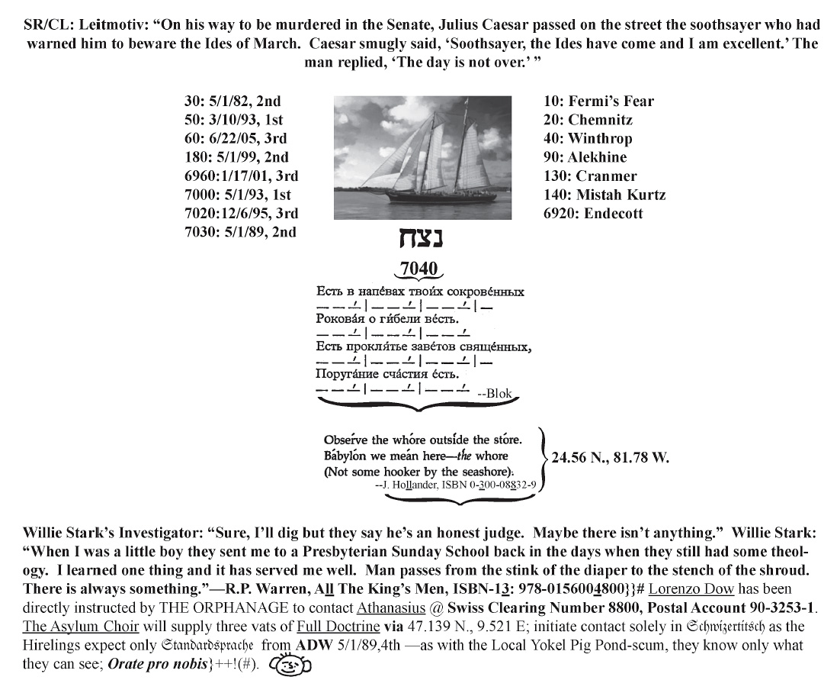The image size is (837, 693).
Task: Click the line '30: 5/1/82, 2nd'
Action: click(232, 101)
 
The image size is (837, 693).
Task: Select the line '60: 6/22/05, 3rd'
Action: click(236, 138)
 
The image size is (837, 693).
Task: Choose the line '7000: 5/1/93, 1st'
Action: click(238, 195)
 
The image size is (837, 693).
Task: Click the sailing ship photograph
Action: click(423, 158)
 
